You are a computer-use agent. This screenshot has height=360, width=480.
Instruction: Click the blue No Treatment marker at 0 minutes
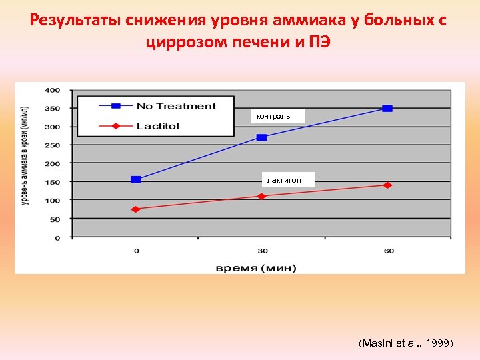(136, 179)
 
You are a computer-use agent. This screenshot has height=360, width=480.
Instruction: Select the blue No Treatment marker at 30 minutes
(261, 137)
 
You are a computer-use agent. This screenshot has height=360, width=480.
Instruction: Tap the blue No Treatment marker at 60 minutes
(387, 108)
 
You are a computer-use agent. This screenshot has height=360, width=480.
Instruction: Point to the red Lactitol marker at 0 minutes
(136, 209)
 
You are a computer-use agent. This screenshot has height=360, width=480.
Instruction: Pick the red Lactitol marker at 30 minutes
(261, 196)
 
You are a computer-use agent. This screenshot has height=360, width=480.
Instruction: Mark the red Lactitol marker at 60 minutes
(387, 185)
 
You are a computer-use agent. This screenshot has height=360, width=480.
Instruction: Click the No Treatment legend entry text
(176, 106)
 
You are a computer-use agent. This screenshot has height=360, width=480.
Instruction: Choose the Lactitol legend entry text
(158, 125)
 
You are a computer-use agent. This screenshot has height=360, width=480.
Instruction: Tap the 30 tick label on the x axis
(263, 251)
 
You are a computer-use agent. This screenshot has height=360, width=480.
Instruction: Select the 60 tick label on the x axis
(389, 251)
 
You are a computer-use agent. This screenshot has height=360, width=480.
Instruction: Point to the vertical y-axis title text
(25, 155)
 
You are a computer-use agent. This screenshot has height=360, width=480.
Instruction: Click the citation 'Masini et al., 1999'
(405, 343)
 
